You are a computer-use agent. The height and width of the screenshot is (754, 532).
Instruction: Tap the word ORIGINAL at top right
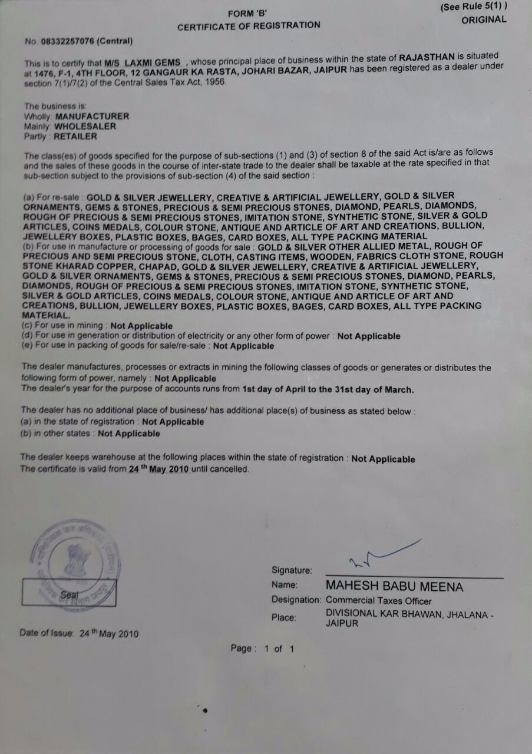pyautogui.click(x=484, y=19)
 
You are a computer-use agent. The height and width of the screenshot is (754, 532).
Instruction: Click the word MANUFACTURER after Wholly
pyautogui.click(x=92, y=116)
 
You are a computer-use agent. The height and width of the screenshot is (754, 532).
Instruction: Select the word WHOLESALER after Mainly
pyautogui.click(x=87, y=126)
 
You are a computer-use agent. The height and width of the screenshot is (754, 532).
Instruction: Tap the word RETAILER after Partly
pyautogui.click(x=75, y=136)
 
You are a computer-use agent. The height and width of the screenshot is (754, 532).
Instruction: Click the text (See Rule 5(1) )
pyautogui.click(x=474, y=6)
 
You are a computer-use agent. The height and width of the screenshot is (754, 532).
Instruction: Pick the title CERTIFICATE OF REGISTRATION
pyautogui.click(x=249, y=25)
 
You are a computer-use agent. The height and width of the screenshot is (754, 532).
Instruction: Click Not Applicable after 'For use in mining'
pyautogui.click(x=141, y=326)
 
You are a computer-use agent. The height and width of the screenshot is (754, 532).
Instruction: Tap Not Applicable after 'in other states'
pyautogui.click(x=128, y=434)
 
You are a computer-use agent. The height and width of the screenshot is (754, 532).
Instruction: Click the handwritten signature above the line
pyautogui.click(x=383, y=554)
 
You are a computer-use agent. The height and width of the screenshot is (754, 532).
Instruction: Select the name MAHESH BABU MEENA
pyautogui.click(x=394, y=587)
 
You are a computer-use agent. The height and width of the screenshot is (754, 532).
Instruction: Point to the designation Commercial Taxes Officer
pyautogui.click(x=379, y=601)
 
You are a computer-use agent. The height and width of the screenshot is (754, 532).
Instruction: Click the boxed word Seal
pyautogui.click(x=69, y=594)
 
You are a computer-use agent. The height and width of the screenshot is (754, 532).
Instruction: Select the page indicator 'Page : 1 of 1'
pyautogui.click(x=262, y=649)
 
